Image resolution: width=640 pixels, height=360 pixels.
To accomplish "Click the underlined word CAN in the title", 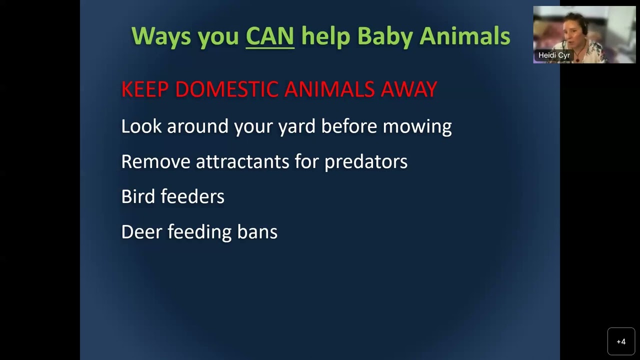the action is tap(269, 36).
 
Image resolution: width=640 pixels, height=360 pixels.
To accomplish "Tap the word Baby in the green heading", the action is tap(385, 37).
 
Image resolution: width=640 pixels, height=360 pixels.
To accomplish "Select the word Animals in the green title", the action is tap(465, 36).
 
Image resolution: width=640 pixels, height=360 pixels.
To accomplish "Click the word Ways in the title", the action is tap(161, 37).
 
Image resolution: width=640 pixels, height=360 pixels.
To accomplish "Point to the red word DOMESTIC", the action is tap(226, 89).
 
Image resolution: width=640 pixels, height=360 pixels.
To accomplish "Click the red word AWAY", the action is tap(408, 89).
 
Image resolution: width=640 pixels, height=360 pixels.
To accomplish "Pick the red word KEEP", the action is tap(145, 89).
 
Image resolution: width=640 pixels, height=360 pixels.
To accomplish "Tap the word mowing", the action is tap(417, 126).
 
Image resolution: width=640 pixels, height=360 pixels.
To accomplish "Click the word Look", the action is tap(141, 126).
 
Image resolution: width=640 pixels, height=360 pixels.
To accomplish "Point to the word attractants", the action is tap(242, 161).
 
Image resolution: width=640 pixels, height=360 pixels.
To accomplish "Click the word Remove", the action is tap(155, 161).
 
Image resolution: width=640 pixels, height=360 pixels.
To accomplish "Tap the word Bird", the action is tap(138, 196).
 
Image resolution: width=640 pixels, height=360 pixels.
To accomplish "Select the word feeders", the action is tap(192, 196).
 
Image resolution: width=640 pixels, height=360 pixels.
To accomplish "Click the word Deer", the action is tap(141, 231).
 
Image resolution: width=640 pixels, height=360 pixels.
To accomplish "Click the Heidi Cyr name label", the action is tap(554, 55).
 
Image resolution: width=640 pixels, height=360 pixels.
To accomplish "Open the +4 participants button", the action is tap(621, 341).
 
